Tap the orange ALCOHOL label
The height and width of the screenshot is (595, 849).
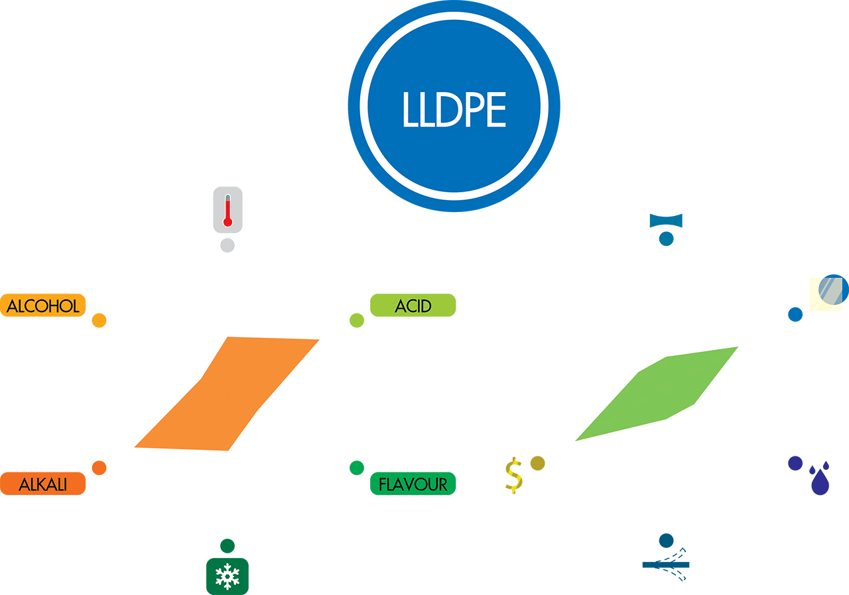[x=43, y=305]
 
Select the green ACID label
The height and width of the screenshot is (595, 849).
[x=413, y=305]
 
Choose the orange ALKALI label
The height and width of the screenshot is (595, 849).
[x=43, y=484]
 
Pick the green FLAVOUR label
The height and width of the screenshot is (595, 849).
[x=413, y=484]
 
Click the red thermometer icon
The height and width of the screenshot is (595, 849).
[x=228, y=210]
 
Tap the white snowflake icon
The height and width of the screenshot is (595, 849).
[x=228, y=576]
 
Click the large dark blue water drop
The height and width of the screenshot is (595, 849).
[x=820, y=482]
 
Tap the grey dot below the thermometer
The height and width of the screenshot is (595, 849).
[x=228, y=245]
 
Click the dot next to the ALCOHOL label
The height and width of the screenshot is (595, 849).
[x=99, y=321]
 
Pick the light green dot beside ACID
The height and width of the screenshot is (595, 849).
[x=357, y=321]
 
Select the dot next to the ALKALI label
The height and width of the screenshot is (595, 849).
[x=99, y=468]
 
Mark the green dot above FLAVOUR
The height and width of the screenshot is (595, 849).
[x=357, y=468]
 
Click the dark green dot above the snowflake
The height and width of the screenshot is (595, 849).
[x=228, y=546]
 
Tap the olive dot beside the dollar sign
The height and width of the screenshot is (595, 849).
[x=537, y=463]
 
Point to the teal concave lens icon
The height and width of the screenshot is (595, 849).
[x=666, y=220]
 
